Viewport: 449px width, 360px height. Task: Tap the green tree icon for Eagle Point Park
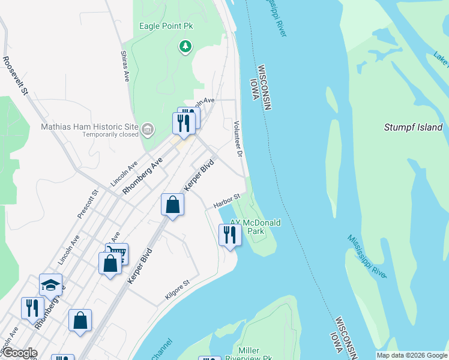(x=185, y=46)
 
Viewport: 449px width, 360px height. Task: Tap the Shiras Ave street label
(x=126, y=67)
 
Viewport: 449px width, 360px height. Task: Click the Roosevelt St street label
(x=16, y=76)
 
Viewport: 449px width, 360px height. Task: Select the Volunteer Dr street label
(x=238, y=138)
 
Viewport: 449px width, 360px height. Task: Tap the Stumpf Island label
(x=413, y=127)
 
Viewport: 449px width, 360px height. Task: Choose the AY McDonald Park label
(x=256, y=226)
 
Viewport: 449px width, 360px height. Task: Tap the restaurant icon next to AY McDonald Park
(x=229, y=234)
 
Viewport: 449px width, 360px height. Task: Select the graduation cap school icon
(x=51, y=284)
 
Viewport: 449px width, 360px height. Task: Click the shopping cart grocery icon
(x=116, y=253)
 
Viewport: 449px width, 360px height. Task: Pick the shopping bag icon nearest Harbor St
(x=172, y=205)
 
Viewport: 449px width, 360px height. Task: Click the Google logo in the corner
(x=19, y=353)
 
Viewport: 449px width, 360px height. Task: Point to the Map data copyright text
(x=412, y=355)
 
